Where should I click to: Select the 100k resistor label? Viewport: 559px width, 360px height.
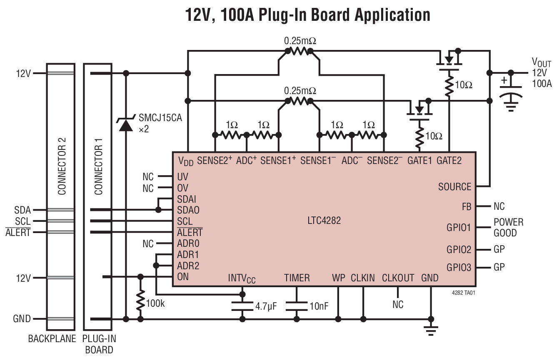[155, 303]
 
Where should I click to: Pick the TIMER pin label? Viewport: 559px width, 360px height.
[297, 278]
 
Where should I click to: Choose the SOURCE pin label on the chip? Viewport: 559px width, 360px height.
[454, 187]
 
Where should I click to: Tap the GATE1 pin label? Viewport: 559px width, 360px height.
[419, 160]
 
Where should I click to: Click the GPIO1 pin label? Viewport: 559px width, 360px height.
[459, 228]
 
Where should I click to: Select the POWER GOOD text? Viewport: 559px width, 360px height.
[508, 227]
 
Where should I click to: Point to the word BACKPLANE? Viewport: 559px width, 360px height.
[52, 339]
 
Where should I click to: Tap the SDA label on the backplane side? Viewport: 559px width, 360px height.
[22, 210]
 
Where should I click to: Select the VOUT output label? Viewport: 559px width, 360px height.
[541, 63]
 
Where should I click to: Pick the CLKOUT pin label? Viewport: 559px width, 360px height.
[398, 278]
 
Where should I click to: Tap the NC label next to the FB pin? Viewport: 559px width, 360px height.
[499, 206]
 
